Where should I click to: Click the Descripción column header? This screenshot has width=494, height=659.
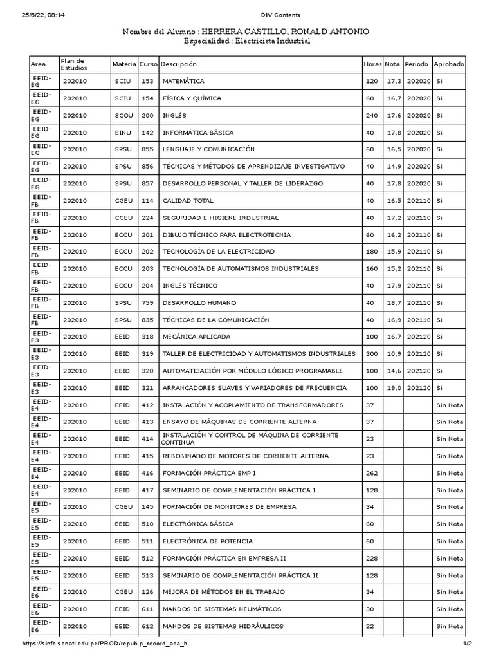pos(179,64)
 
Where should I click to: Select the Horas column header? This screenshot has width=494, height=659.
pos(372,64)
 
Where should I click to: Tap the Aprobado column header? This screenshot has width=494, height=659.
pos(449,64)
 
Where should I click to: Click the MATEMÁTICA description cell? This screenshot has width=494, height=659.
pos(183,82)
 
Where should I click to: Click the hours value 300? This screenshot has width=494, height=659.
pos(372,354)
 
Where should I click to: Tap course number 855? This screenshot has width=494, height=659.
pos(147,149)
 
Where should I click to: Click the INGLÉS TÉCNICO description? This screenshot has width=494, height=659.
pos(190,286)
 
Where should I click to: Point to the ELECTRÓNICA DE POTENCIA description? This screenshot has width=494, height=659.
pos(207,541)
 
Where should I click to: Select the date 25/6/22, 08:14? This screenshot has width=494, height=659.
pos(46,15)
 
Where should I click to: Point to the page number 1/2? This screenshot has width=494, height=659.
pos(467,644)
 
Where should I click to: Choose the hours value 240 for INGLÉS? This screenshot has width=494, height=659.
pos(372,116)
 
